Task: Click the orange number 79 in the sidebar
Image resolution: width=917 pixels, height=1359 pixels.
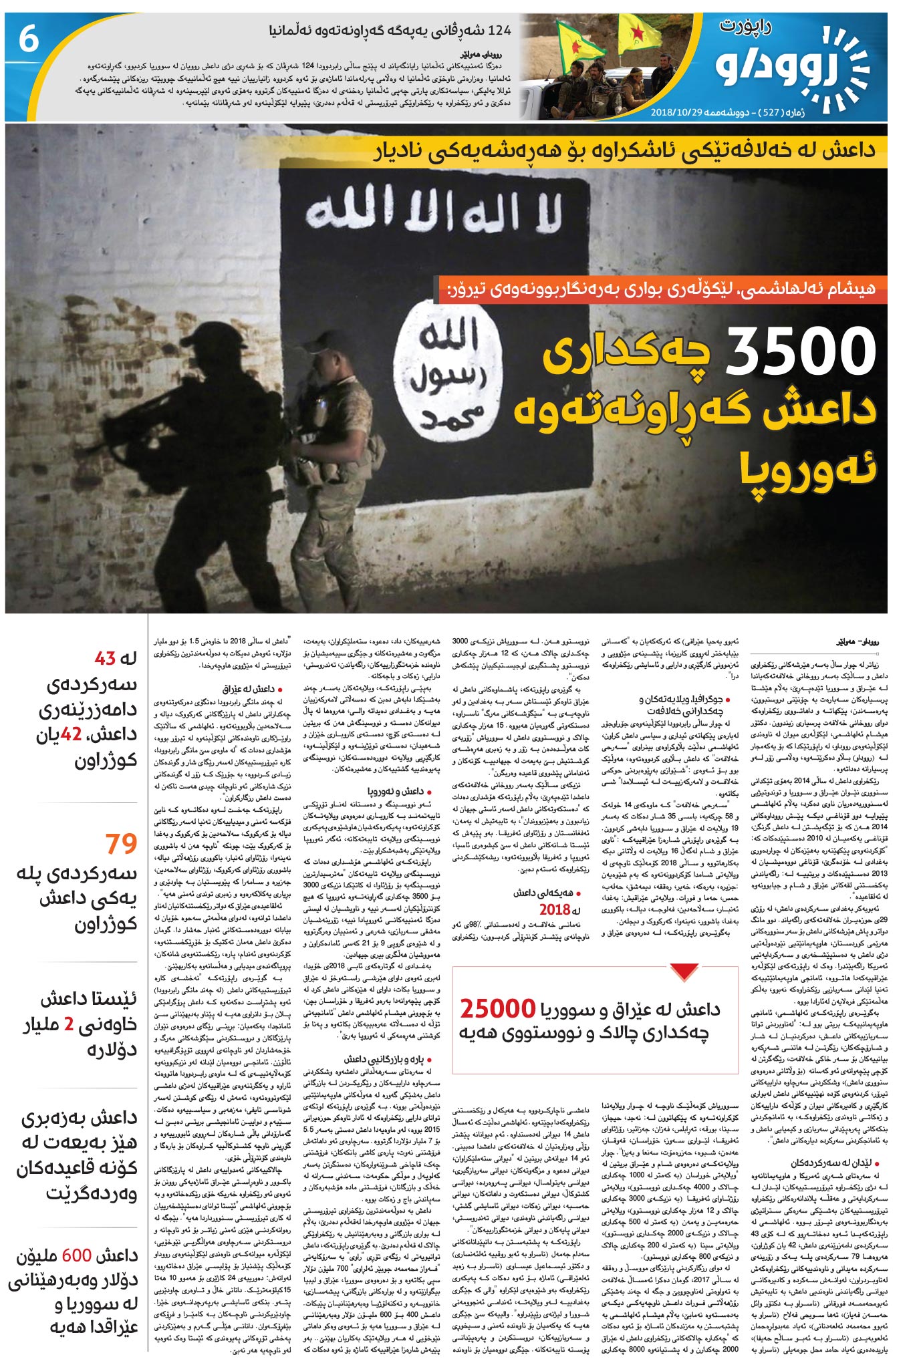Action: [121, 843]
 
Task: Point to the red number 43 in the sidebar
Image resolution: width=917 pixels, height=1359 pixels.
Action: [105, 659]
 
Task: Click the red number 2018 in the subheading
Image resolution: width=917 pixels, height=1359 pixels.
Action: [555, 909]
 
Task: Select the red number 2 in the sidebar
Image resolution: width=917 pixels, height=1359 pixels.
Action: [69, 1025]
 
